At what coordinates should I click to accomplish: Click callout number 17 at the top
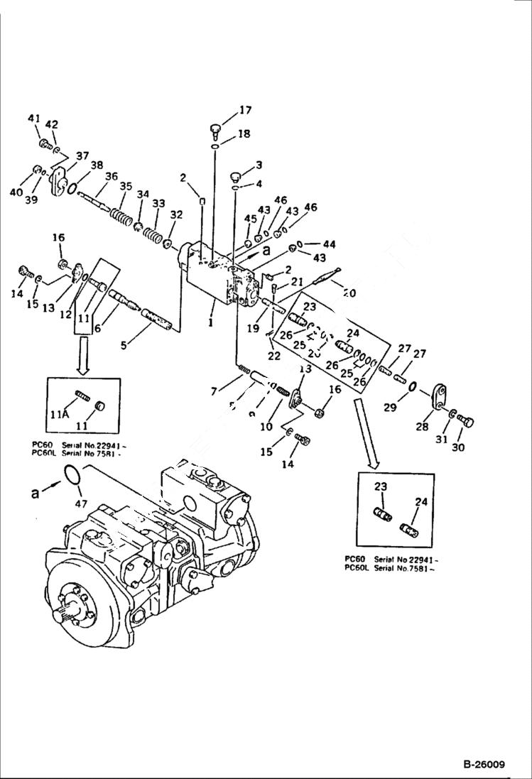point(245,110)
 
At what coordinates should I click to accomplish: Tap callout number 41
point(34,119)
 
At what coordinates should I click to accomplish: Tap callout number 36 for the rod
point(112,177)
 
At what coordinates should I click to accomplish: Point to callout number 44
point(329,244)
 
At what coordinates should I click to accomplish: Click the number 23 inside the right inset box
point(381,486)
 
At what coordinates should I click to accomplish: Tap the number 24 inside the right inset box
point(421,501)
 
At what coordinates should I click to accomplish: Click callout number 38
point(97,164)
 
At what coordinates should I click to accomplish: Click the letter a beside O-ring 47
point(35,491)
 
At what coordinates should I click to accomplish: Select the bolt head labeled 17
point(217,129)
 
